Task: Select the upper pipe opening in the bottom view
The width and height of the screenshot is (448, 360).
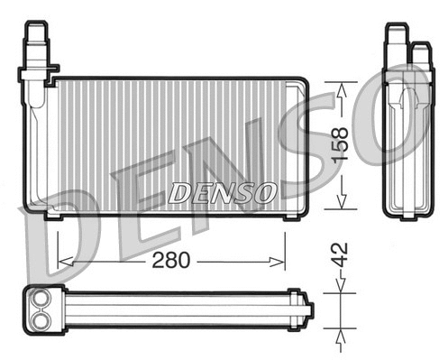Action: click(41, 301)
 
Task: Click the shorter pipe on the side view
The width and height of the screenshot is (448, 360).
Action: click(419, 54)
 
